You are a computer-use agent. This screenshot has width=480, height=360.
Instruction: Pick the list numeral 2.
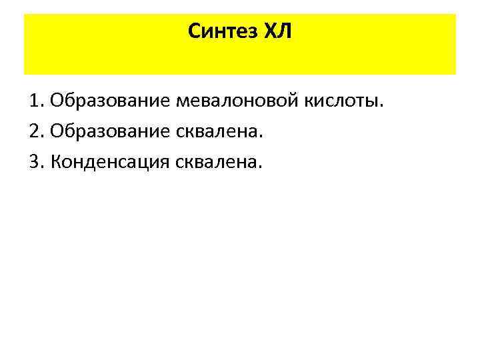click(34, 131)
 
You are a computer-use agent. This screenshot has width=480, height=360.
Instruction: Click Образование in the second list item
click(111, 131)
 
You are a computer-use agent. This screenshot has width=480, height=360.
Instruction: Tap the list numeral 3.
click(34, 161)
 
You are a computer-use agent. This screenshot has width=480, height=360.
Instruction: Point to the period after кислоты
click(383, 107)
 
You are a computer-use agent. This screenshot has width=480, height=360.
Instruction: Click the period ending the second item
click(262, 137)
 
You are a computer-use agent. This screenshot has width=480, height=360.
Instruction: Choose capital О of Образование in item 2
click(56, 131)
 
